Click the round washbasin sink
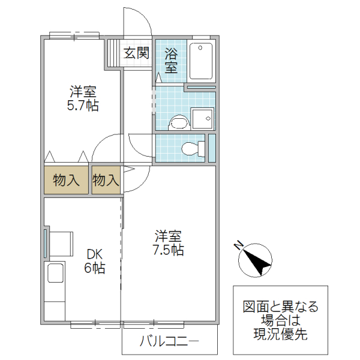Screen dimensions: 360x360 tap(179, 122)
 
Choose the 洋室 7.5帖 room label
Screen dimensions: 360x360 tap(169, 243)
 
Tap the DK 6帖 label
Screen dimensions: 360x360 tap(94, 262)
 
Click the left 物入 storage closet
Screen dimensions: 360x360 tap(66, 180)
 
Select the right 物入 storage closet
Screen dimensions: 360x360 tap(106, 180)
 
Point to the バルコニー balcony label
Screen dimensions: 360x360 tap(169, 343)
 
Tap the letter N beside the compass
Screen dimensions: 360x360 tap(238, 245)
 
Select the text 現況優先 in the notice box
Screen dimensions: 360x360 tap(280, 334)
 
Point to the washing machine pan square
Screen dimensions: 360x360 tap(202, 119)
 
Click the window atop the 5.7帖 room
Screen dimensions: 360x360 tap(74, 35)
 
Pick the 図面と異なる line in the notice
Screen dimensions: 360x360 tap(280, 307)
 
